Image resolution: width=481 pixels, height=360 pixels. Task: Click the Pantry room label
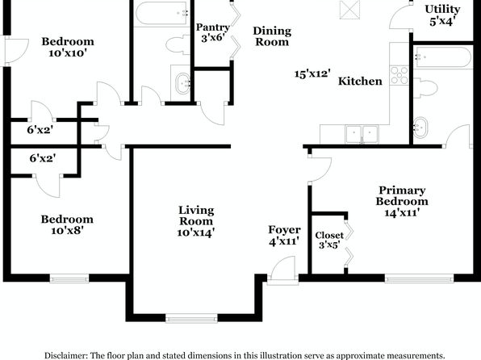[x=212, y=27]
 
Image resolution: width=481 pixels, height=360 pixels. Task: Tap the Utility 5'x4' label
[x=442, y=15]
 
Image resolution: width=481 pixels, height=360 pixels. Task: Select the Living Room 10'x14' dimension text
[x=196, y=233]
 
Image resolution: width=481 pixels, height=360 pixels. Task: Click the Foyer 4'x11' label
[x=284, y=236]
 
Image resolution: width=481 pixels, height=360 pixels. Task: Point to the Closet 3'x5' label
[x=329, y=241]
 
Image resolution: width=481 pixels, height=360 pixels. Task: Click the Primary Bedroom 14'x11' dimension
[x=402, y=212]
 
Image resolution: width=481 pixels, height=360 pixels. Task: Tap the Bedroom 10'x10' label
[x=68, y=47]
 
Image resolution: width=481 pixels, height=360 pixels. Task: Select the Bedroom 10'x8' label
[x=67, y=224]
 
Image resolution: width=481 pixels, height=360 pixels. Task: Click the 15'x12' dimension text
[x=312, y=73]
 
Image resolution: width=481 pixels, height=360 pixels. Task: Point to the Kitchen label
[x=360, y=81]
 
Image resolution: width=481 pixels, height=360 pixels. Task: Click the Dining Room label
[x=272, y=36]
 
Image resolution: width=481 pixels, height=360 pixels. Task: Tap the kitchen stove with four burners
[x=399, y=75]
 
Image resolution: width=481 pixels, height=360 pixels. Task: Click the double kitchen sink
[x=362, y=134]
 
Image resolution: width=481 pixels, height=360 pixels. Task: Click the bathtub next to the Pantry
[x=161, y=13]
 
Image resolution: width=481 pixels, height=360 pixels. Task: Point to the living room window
[x=191, y=319]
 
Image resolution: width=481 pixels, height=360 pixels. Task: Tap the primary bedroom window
[x=420, y=278]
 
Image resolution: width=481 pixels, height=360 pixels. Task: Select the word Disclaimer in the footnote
[x=66, y=355]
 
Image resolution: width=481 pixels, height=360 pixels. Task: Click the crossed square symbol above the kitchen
[x=349, y=10]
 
